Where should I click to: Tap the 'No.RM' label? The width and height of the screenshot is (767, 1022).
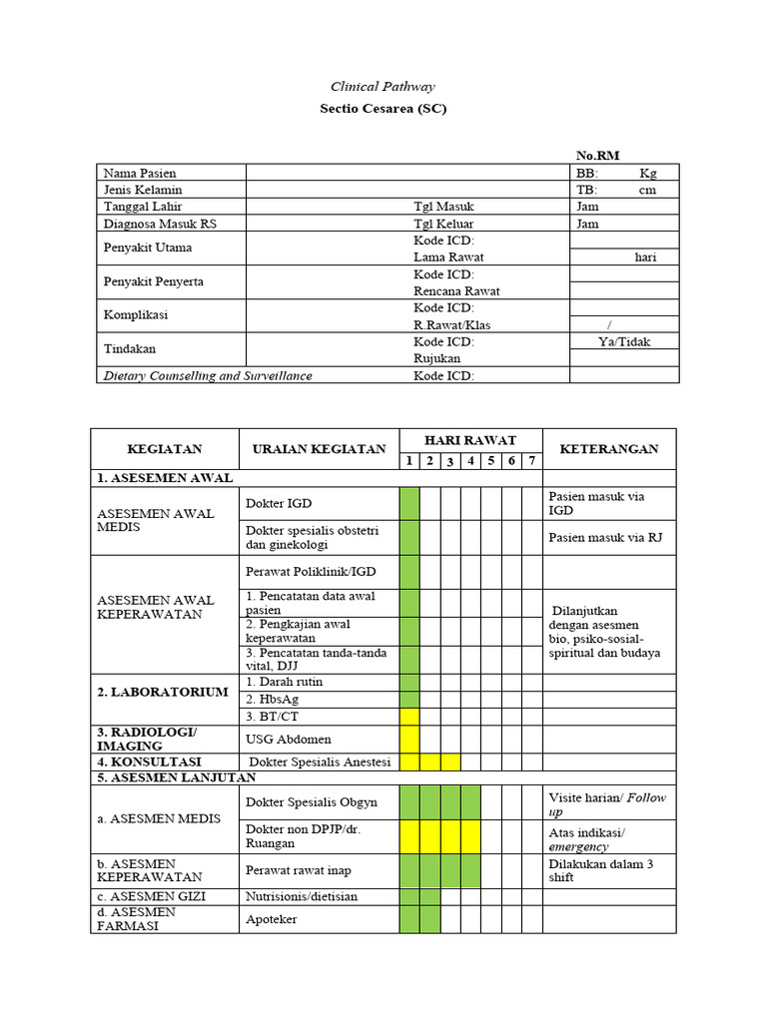pos(598,155)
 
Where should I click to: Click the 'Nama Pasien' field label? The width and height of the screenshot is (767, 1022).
pos(140,173)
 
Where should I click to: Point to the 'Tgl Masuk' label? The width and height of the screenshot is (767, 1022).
pos(443,207)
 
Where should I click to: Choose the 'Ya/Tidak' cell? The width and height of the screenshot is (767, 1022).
pos(623,341)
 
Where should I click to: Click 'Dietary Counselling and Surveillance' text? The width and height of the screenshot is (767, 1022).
pos(208,376)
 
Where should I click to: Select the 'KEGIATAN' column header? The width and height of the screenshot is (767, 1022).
pos(165,449)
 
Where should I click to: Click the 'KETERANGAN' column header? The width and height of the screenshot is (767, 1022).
pos(609,449)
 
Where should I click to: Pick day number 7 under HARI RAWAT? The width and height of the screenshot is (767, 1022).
pos(532,460)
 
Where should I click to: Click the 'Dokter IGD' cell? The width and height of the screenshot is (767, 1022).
pos(272,503)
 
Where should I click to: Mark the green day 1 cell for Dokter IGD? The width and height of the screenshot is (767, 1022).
pos(409,503)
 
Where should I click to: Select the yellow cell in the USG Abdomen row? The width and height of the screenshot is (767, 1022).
pos(409,739)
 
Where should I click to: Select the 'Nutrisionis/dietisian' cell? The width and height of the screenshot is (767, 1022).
pos(302,896)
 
